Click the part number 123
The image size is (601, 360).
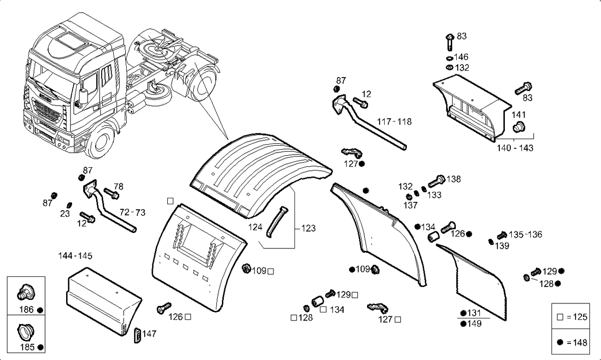[x=309, y=228]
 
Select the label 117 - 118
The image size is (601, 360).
[x=394, y=122]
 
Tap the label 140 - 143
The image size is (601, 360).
[x=515, y=148]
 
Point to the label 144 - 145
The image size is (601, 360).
[x=75, y=256]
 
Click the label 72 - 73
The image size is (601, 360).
[x=132, y=212]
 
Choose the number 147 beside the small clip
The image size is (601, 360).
[x=149, y=333]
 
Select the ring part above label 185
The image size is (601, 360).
[x=26, y=331]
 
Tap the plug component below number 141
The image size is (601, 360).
[x=519, y=127]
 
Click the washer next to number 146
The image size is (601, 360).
[x=450, y=58]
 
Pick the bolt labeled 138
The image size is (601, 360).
[x=437, y=181]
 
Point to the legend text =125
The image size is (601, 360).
[x=577, y=317]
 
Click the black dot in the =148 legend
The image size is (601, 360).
[x=560, y=342]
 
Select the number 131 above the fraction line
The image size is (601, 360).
[x=474, y=313]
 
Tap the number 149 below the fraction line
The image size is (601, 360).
[x=474, y=324]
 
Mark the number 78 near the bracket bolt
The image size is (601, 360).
[x=118, y=186]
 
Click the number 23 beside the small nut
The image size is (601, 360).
[x=65, y=214]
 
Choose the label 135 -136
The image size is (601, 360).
[x=525, y=234]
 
